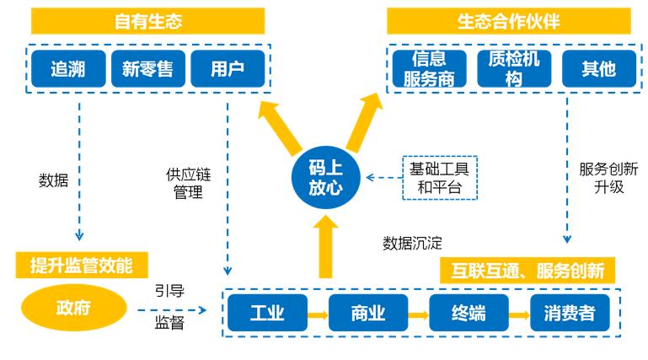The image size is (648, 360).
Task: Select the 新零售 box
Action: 147,68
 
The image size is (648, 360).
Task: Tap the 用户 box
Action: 227,68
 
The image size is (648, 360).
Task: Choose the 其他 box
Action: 593,68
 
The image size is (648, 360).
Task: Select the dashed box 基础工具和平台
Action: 440,178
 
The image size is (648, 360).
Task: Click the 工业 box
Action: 267,314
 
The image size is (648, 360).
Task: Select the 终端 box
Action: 468,314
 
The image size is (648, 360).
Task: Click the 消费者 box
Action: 568,314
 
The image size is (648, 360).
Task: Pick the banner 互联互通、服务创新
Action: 528,271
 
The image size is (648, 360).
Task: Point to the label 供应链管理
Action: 187,185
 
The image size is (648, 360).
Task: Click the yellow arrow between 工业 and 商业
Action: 317,314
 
